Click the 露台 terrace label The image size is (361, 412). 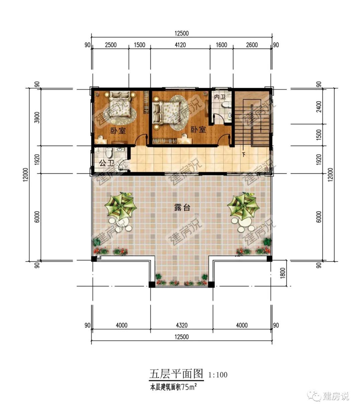pos(182,208)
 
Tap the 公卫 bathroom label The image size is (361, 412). pos(107,163)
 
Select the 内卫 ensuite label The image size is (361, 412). pos(220,97)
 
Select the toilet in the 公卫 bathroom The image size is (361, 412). pos(109,153)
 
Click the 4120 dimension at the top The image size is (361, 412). pos(180,45)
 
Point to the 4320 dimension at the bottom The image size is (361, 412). pos(182,325)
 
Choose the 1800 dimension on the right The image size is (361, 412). pos(283,273)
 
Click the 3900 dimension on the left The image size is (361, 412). pos(37,117)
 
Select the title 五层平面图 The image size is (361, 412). pos(176,374)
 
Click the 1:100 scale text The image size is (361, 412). pos(218,375)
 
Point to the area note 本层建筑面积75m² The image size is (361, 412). pos(173,387)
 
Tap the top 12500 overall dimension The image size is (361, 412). pos(182,33)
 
